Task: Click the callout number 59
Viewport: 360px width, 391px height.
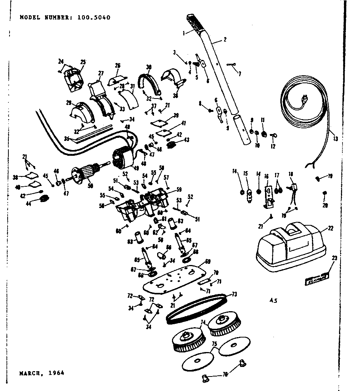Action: (178, 189)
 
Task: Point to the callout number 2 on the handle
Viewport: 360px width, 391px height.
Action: (225, 39)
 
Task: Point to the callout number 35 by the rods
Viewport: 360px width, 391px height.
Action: (67, 139)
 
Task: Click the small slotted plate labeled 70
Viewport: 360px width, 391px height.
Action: (204, 281)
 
